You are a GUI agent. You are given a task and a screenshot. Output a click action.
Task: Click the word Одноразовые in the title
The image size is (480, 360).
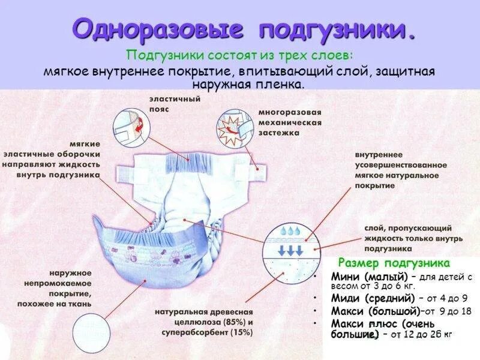(159, 29)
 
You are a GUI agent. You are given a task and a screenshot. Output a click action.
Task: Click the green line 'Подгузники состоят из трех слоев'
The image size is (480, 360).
(240, 55)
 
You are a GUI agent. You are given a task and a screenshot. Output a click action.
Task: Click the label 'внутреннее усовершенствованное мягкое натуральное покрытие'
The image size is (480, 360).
(401, 169)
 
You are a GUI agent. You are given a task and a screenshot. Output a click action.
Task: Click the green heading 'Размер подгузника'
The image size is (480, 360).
(394, 263)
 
